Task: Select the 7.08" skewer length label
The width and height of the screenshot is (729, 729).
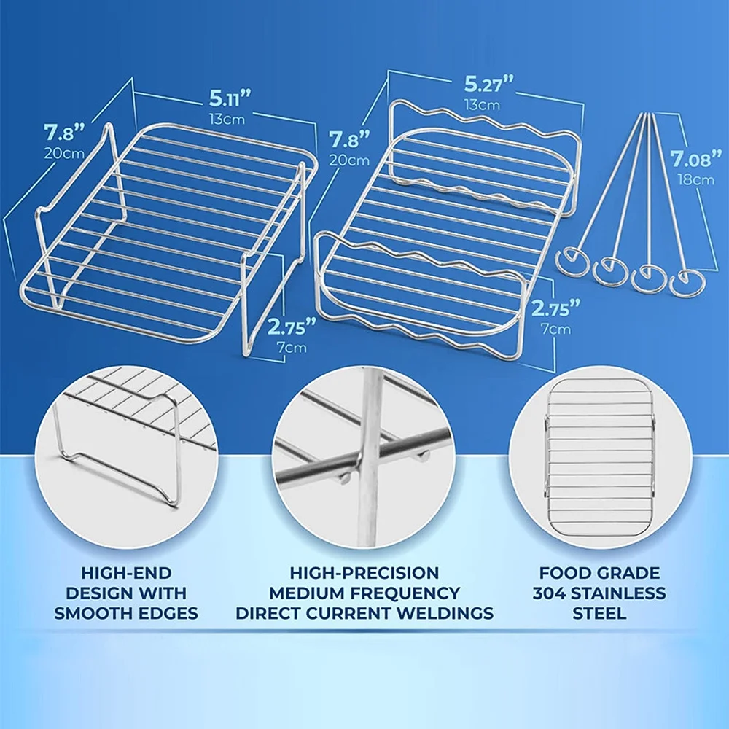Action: point(691,159)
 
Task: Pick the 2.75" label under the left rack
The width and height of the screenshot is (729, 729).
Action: point(291,326)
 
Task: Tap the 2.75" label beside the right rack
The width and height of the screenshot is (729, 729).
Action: point(556,307)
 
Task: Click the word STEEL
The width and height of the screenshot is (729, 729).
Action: point(599,612)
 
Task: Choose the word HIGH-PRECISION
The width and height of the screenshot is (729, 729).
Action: point(364,573)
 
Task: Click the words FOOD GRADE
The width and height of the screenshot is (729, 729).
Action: point(599,573)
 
